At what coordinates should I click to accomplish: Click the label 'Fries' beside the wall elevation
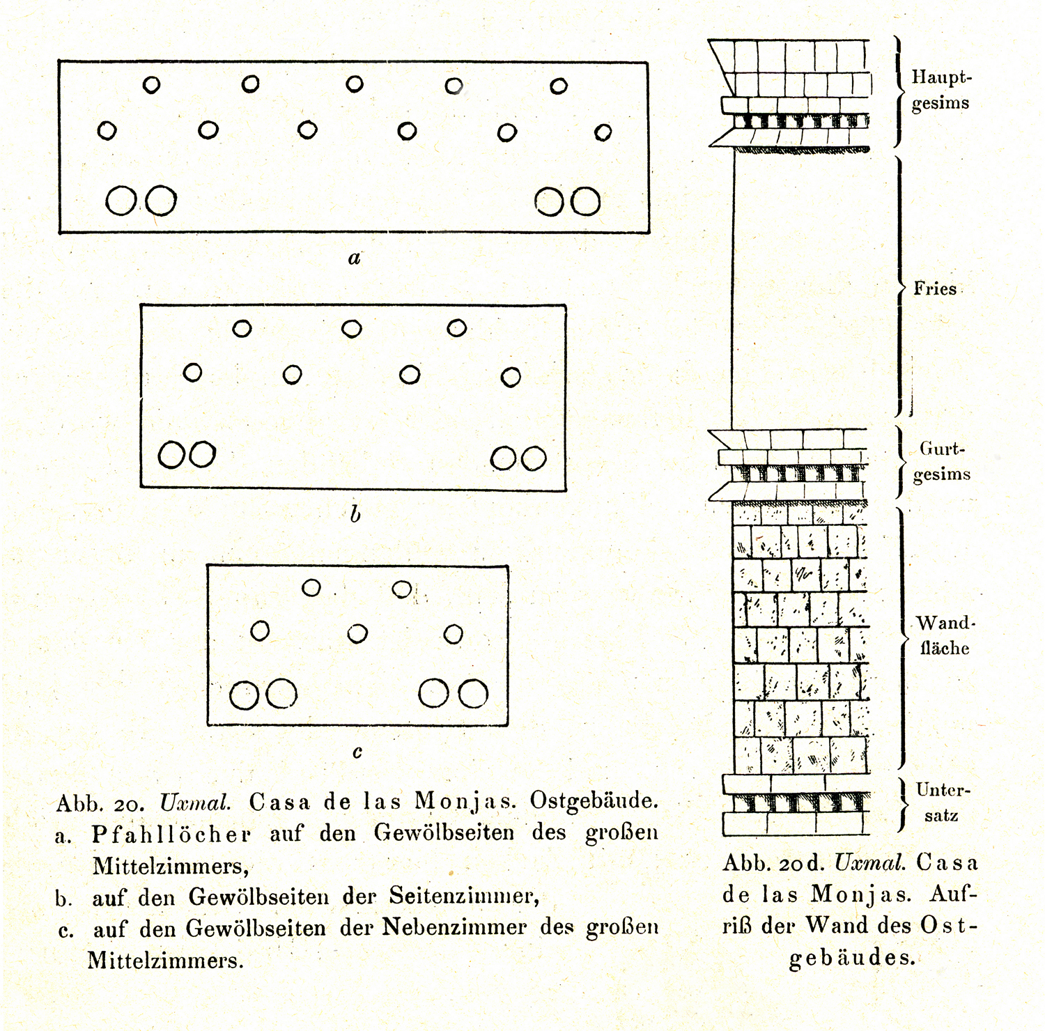point(935,288)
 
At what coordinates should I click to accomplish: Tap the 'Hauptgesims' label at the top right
point(941,90)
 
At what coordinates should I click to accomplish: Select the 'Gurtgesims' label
point(943,461)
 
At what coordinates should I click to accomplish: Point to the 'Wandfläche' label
point(945,635)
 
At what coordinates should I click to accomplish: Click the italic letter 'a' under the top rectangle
point(355,258)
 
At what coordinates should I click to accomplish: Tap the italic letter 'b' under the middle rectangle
point(355,514)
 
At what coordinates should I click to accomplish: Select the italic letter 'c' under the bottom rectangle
point(357,752)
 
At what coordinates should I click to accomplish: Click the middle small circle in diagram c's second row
point(357,634)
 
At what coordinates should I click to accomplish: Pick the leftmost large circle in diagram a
point(121,201)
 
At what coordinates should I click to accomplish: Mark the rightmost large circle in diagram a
point(586,202)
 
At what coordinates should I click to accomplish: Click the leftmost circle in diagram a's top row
point(151,85)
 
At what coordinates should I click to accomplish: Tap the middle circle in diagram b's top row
point(352,329)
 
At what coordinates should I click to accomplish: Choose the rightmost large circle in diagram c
point(473,694)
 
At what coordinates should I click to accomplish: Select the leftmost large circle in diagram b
point(171,456)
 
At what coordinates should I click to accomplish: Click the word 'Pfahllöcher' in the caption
point(171,834)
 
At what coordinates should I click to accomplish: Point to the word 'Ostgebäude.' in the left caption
point(594,801)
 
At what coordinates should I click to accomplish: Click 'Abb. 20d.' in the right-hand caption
point(773,864)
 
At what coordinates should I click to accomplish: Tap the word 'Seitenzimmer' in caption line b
point(465,896)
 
